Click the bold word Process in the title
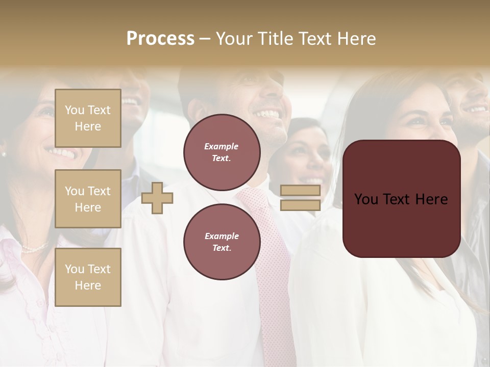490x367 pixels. click(160, 39)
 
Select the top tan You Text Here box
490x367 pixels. click(88, 118)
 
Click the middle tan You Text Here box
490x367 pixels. click(88, 199)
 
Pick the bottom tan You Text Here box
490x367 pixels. click(88, 277)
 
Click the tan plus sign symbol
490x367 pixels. click(157, 198)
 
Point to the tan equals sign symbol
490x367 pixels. click(300, 198)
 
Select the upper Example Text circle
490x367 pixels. click(222, 152)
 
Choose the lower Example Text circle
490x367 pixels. click(222, 242)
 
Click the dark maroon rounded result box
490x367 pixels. click(401, 199)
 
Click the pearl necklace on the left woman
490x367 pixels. click(35, 249)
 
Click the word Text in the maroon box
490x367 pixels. click(401, 199)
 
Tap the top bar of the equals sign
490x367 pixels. click(300, 191)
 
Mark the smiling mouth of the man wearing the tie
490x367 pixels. click(267, 113)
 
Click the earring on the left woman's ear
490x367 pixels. click(4, 153)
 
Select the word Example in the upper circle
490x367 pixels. click(222, 146)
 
